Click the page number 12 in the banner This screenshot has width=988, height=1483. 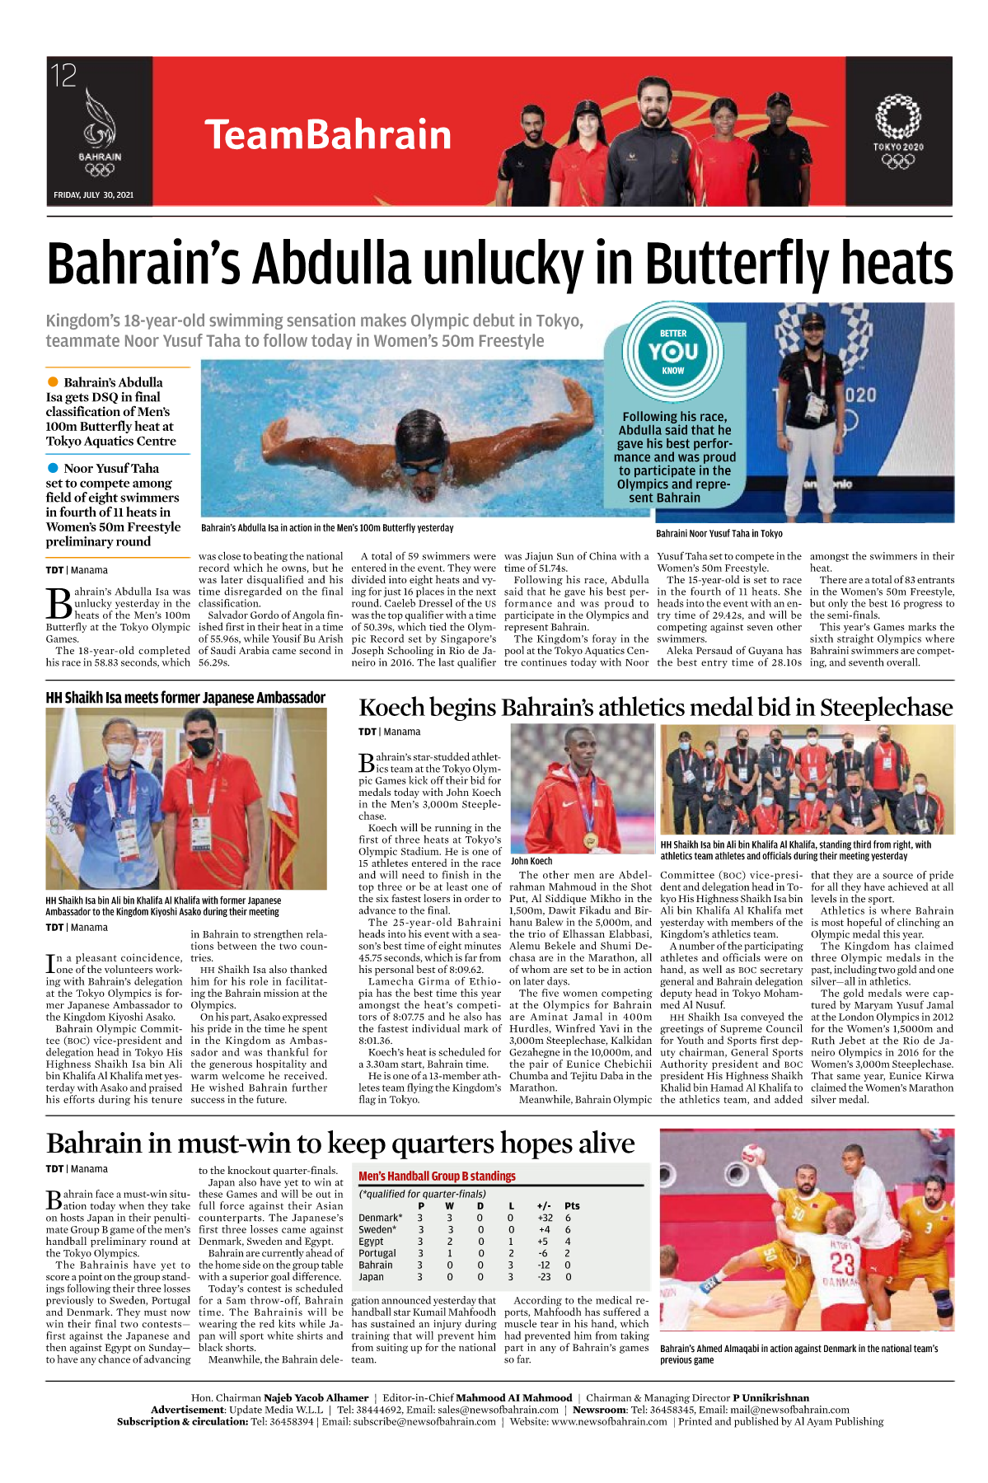(63, 76)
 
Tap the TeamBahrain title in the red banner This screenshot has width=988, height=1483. (328, 134)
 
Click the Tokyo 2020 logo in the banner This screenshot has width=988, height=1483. (897, 132)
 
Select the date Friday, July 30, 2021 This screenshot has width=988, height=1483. (93, 195)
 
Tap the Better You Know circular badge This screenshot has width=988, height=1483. (672, 353)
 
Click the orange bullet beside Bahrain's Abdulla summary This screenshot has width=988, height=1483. (54, 382)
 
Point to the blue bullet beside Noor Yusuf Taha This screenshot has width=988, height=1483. (54, 468)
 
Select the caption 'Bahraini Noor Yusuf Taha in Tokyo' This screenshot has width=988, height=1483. (719, 533)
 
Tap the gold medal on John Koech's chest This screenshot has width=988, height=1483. (589, 840)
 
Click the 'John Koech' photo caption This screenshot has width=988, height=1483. (531, 861)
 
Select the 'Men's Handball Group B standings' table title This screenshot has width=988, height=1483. (437, 1176)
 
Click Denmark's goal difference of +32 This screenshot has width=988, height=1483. (545, 1218)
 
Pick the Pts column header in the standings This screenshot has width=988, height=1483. (572, 1205)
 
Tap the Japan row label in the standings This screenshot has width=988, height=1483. (371, 1277)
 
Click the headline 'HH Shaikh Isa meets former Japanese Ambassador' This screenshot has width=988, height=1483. (185, 698)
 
